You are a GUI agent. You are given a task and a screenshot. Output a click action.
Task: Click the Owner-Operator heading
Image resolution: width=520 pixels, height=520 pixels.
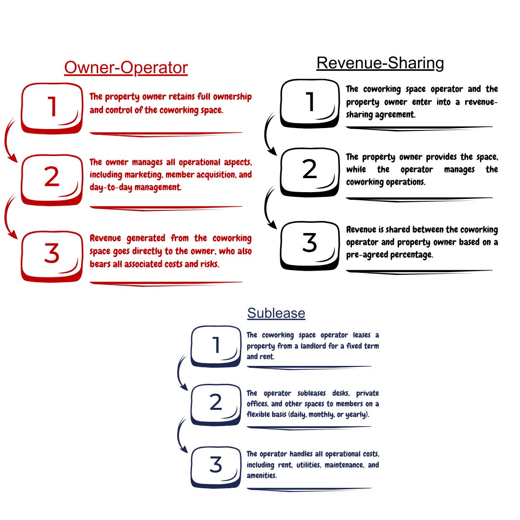coord(126,68)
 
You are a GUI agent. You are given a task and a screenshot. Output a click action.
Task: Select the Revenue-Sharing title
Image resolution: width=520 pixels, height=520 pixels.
coord(380,63)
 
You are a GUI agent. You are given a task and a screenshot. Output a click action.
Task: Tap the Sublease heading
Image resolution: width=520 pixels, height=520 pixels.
coord(276,313)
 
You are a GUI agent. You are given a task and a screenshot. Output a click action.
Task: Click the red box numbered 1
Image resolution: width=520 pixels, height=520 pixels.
coord(52,107)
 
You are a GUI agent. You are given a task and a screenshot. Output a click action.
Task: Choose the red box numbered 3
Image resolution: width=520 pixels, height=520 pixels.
coord(52,254)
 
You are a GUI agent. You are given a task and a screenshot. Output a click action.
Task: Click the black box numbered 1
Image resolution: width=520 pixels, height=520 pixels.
coord(310,102)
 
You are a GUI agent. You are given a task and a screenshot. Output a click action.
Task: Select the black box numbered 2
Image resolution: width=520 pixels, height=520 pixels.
coord(310,170)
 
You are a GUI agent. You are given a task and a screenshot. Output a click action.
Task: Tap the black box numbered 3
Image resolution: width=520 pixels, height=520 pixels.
coord(310,243)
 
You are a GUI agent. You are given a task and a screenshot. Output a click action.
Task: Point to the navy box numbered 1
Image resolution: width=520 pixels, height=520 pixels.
coord(216,345)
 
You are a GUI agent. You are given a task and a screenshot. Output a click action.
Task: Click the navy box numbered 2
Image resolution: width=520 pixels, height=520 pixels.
coord(216,403)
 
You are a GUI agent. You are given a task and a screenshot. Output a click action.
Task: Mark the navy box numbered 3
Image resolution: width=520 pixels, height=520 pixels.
coord(216,465)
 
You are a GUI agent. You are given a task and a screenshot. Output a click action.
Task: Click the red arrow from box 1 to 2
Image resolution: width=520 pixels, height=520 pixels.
coord(9,142)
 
